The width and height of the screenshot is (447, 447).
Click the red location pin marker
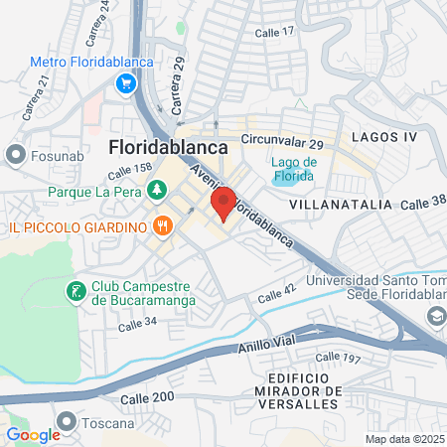(x=223, y=203)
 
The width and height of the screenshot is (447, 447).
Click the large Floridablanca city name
(x=167, y=146)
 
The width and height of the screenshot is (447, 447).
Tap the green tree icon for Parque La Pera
(x=156, y=190)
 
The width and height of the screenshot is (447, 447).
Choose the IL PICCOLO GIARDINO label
(x=76, y=227)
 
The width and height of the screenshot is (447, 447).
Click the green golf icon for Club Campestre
(x=75, y=292)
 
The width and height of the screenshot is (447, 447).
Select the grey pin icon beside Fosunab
(x=15, y=155)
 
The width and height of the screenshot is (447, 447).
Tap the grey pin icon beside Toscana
(x=68, y=422)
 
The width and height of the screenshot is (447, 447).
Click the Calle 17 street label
(x=275, y=32)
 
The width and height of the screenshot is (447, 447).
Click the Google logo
(x=34, y=434)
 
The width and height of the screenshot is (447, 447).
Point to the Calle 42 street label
(x=277, y=295)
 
